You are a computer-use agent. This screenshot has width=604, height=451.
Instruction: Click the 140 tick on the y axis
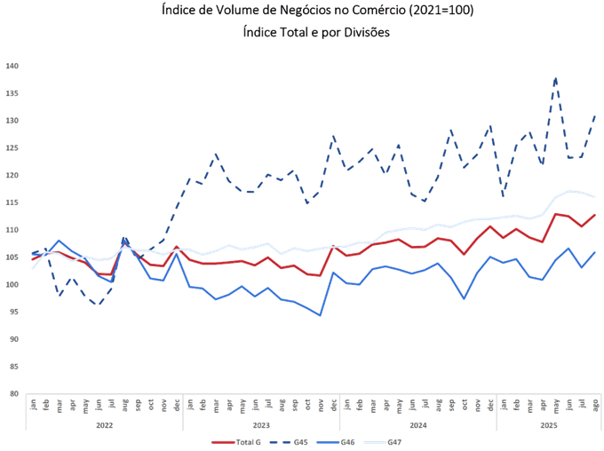pyautogui.click(x=12, y=66)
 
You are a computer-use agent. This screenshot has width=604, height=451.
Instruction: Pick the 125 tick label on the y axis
pyautogui.click(x=12, y=147)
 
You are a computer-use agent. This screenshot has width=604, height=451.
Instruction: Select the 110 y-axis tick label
pyautogui.click(x=12, y=230)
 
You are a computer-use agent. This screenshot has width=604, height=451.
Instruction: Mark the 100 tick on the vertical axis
pyautogui.click(x=12, y=285)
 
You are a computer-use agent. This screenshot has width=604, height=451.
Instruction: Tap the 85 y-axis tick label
pyautogui.click(x=12, y=367)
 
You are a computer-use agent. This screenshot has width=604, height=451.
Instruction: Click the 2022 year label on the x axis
pyautogui.click(x=104, y=425)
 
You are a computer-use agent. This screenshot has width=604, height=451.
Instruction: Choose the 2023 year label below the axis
pyautogui.click(x=261, y=425)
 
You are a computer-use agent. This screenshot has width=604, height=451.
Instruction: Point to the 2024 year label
pyautogui.click(x=417, y=425)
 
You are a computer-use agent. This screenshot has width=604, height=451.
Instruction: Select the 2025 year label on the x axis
pyautogui.click(x=549, y=425)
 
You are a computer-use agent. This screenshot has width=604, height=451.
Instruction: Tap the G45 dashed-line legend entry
pyautogui.click(x=294, y=441)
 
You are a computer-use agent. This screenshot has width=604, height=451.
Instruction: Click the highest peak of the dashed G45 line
pyautogui.click(x=556, y=78)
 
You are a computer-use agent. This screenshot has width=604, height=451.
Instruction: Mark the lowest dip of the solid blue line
pyautogui.click(x=320, y=315)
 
